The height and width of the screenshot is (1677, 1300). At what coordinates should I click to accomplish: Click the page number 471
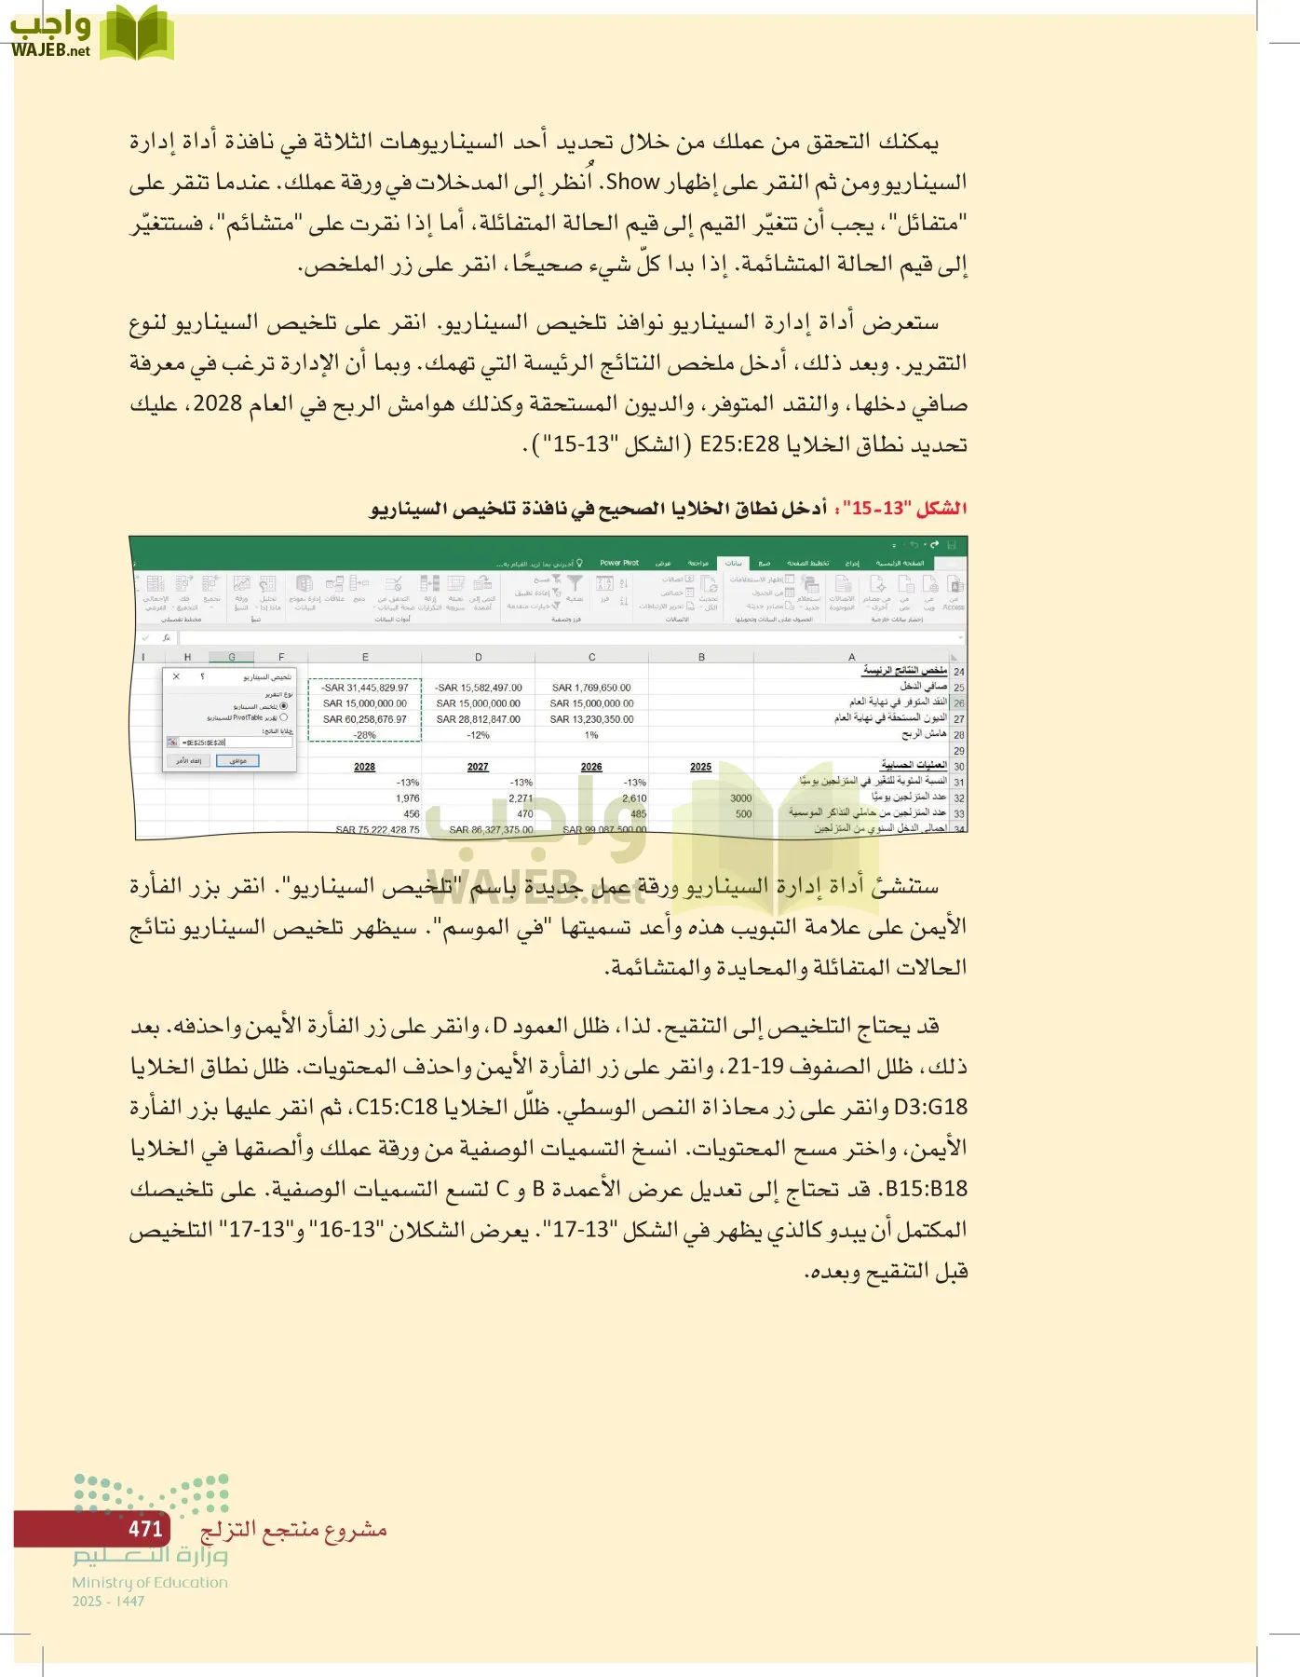pos(145,1529)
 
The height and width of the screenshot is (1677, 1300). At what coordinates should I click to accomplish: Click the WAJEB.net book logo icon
pos(136,33)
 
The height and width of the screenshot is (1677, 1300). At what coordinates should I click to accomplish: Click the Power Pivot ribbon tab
pos(619,563)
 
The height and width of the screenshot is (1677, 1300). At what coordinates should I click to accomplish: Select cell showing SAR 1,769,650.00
pos(591,688)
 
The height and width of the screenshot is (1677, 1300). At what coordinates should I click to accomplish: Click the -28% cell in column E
pos(364,735)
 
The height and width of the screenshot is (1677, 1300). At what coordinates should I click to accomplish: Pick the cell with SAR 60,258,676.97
pos(364,719)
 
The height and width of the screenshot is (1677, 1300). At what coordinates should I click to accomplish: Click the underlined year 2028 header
pos(364,767)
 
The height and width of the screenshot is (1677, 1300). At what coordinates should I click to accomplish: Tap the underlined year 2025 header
pos(700,767)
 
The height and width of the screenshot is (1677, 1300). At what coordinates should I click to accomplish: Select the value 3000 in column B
pos(740,798)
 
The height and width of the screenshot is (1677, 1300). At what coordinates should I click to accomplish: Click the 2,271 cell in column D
pos(521,798)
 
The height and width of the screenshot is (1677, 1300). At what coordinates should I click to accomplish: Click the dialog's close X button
pos(177,677)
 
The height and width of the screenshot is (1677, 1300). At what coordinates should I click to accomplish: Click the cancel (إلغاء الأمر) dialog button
pos(189,760)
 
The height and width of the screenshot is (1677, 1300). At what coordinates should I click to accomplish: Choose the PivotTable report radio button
pos(284,718)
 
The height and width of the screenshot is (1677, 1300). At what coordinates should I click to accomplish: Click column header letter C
pos(591,657)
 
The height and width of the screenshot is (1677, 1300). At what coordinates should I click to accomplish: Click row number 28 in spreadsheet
pos(958,735)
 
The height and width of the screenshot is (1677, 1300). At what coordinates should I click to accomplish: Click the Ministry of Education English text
pos(150,1582)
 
